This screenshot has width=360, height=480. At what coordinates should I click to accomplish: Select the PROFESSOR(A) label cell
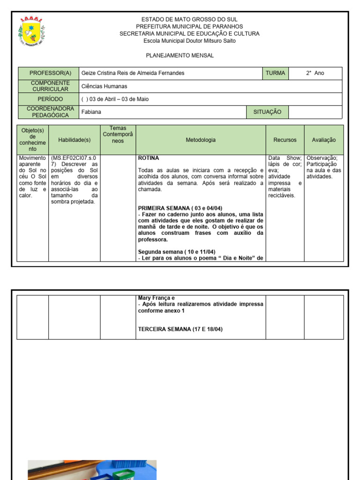point(50,73)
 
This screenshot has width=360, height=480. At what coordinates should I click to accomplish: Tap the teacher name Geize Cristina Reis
point(133,73)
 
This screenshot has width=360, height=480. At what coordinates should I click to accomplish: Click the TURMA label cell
point(275,73)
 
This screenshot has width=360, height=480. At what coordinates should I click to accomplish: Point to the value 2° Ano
point(315,73)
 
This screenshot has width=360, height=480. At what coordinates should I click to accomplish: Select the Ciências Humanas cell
point(104,86)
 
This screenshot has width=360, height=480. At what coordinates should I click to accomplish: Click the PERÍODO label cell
point(50,99)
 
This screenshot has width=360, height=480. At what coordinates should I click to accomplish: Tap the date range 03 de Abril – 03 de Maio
point(115,99)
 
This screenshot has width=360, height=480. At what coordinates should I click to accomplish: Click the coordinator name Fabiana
point(91,112)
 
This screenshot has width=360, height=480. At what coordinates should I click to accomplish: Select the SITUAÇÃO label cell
point(267,112)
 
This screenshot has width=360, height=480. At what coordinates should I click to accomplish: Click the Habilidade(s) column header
point(74,140)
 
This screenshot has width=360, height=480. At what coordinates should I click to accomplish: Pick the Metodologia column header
point(201,140)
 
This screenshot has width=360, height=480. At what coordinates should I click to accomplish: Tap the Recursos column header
point(285,140)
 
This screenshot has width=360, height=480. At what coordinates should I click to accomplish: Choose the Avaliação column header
point(323,140)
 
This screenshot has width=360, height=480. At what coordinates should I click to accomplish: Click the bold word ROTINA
point(149,158)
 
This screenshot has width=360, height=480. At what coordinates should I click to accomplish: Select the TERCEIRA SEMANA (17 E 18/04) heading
point(180,329)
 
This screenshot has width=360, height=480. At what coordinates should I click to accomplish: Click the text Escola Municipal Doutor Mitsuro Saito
point(189,41)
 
